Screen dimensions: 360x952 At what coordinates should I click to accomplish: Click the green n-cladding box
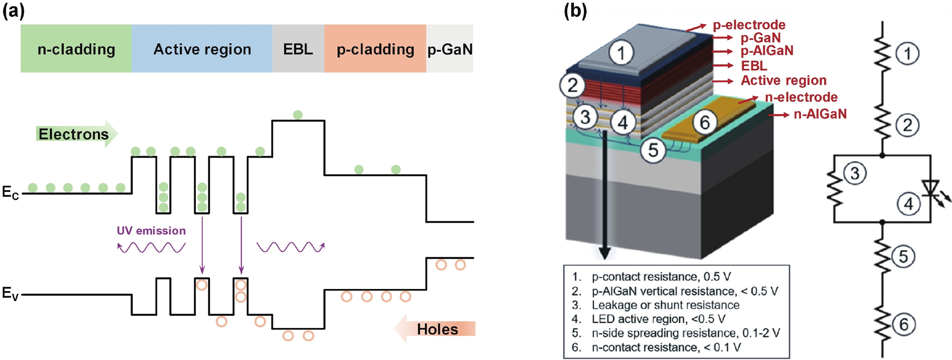(x=76, y=48)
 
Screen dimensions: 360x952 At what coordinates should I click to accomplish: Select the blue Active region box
(x=202, y=48)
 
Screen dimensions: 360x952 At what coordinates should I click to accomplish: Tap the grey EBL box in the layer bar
(x=298, y=48)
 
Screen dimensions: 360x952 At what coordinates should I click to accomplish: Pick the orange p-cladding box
(x=375, y=48)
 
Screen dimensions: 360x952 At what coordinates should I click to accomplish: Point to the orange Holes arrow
(x=436, y=329)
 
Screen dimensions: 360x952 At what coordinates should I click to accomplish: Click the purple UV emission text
(x=151, y=231)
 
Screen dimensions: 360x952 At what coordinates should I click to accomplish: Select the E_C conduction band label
(x=10, y=193)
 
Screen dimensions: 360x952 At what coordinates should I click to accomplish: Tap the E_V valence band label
(x=10, y=293)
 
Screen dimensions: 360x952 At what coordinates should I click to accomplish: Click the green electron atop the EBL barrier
(x=297, y=115)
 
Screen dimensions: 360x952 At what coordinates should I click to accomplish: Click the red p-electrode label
(x=749, y=25)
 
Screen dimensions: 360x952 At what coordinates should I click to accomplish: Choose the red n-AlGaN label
(x=820, y=114)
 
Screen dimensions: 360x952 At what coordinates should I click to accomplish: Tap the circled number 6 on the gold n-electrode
(x=704, y=122)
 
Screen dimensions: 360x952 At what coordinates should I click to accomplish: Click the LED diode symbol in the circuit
(x=930, y=189)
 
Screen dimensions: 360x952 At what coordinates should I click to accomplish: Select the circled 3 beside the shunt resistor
(x=855, y=173)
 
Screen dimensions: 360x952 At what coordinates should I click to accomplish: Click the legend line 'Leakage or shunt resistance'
(x=665, y=305)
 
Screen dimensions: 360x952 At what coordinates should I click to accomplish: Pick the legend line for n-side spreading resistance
(x=685, y=333)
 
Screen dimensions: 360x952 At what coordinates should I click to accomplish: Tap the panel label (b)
(x=575, y=11)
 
